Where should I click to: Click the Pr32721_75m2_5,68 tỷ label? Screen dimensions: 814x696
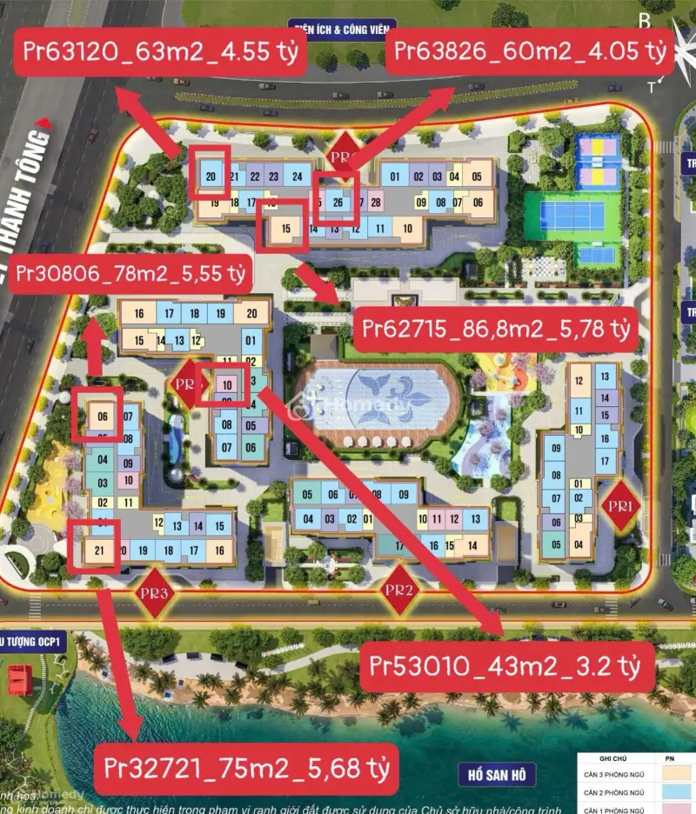click(246, 769)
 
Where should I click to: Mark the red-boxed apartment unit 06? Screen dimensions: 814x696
click(102, 416)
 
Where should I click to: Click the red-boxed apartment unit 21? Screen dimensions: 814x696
click(98, 549)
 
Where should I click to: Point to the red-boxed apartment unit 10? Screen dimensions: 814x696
click(226, 384)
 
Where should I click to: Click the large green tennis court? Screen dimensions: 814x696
click(572, 216)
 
